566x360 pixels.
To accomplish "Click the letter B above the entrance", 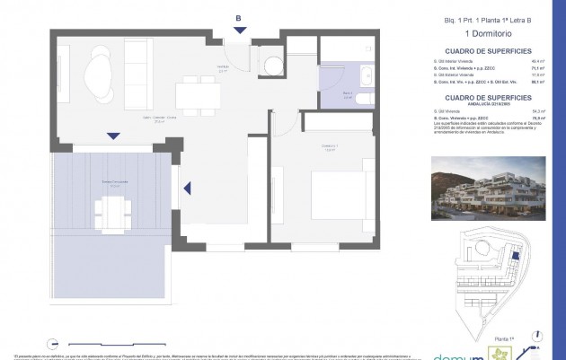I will click(237, 18).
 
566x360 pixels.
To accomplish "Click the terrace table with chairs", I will click(113, 210).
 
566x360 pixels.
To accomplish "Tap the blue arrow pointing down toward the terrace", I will click(112, 136).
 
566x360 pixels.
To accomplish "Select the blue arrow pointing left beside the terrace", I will click(187, 188).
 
